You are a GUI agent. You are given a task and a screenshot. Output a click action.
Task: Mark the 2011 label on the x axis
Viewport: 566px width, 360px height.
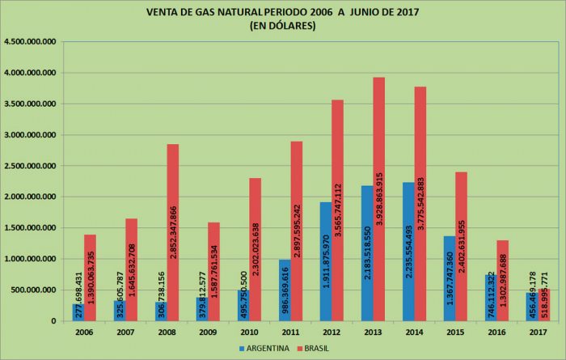(x=290, y=332)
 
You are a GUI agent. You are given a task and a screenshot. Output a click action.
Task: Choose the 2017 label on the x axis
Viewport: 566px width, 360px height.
(x=538, y=332)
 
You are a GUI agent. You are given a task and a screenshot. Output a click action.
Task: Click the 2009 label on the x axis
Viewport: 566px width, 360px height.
(x=208, y=332)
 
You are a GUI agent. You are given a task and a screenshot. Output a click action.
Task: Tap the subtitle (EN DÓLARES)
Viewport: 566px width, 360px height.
(x=283, y=26)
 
